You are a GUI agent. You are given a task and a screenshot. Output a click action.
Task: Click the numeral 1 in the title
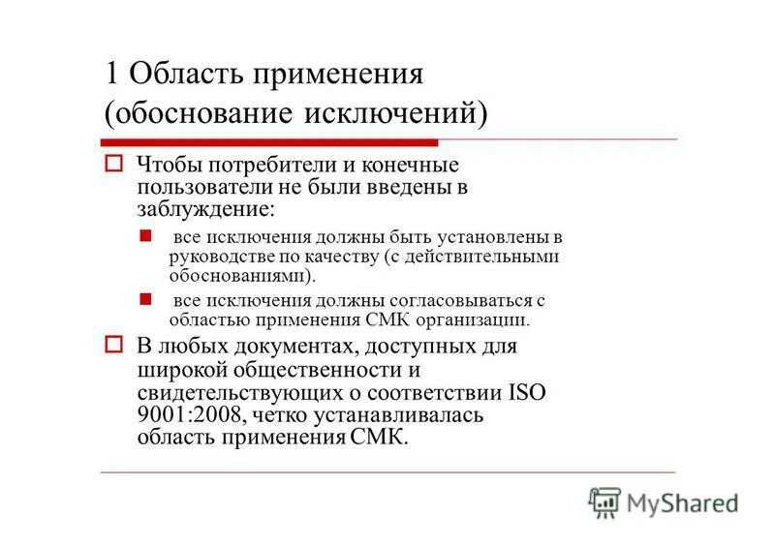[x=112, y=75]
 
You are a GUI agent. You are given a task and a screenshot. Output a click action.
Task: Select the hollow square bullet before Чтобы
[x=112, y=165]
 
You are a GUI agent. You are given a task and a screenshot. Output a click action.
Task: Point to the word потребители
[x=266, y=166]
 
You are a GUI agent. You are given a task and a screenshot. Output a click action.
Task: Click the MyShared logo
[x=663, y=501]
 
